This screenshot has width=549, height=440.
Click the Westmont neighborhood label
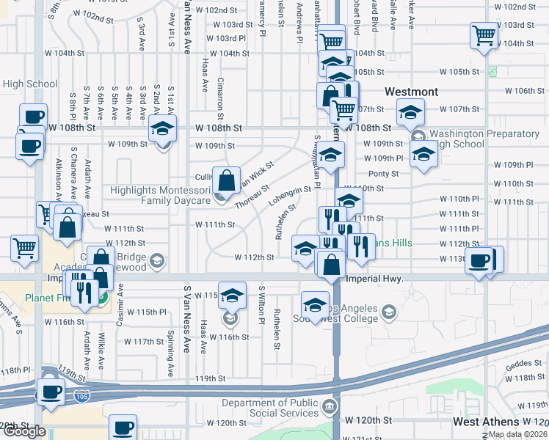pyautogui.click(x=412, y=92)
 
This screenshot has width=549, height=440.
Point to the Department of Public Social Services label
pyautogui.click(x=269, y=408)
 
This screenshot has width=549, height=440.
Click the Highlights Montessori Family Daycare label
pyautogui.click(x=159, y=194)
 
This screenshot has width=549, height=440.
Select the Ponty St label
pyautogui.click(x=383, y=174)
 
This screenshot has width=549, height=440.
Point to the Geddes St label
pyautogui.click(x=522, y=363)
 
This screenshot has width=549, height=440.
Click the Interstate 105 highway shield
pyautogui.click(x=81, y=396)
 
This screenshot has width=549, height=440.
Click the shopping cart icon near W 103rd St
pyautogui.click(x=484, y=34)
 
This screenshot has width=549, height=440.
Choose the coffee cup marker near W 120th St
pyautogui.click(x=123, y=426)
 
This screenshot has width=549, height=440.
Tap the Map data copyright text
pyautogui.click(x=517, y=434)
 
